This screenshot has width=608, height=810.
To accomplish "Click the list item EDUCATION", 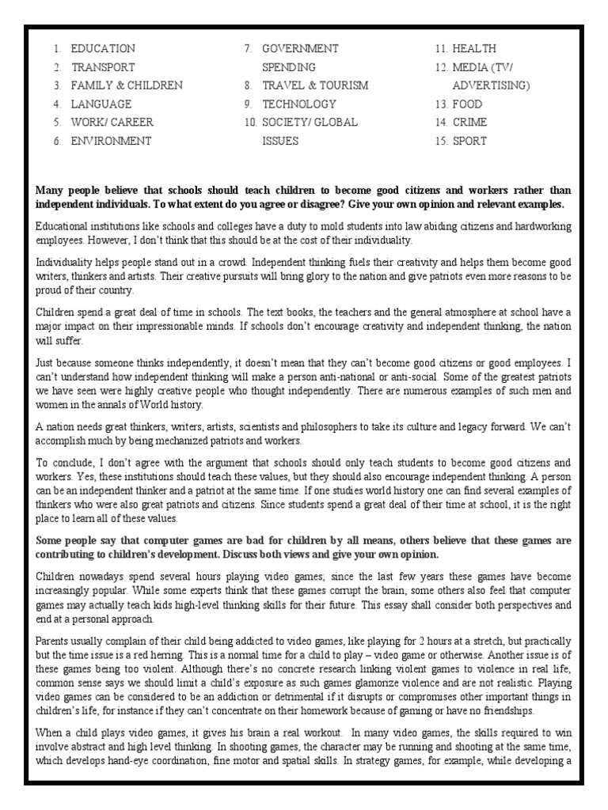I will [103, 49].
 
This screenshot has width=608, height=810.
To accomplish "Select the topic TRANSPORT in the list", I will [103, 67].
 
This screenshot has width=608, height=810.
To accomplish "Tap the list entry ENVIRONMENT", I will [112, 141].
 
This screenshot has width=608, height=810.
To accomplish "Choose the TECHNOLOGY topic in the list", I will [299, 104].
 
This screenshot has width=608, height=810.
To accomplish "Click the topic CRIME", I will [469, 123].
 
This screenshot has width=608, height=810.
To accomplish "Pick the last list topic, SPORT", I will [469, 141].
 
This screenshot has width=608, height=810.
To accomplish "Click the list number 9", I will [247, 104].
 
